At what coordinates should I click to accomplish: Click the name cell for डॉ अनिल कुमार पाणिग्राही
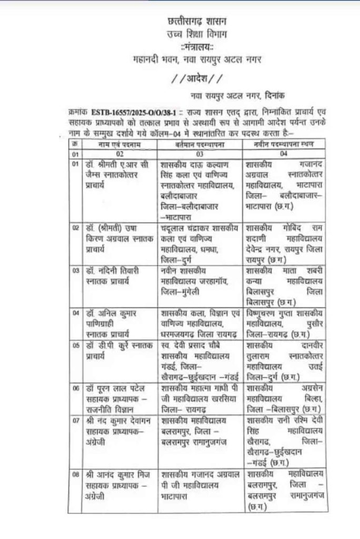(x=116, y=322)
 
